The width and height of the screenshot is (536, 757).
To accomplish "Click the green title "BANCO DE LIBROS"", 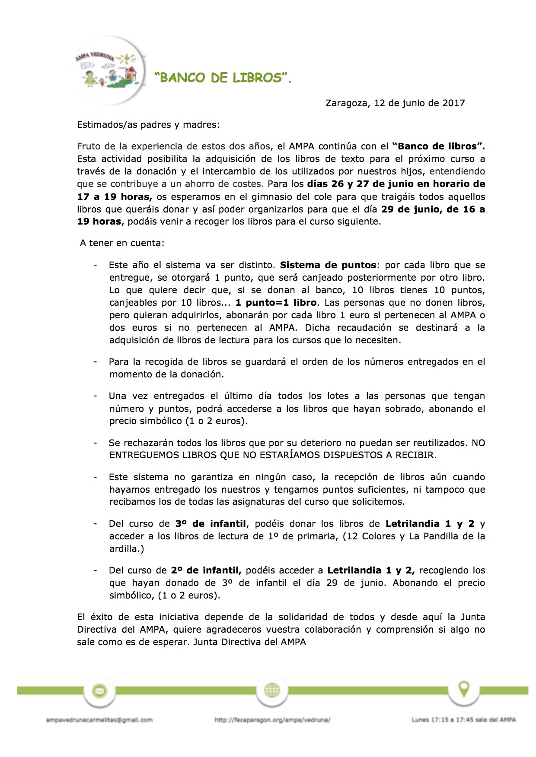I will (x=223, y=78).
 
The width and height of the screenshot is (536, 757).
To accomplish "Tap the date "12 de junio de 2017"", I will (x=419, y=103).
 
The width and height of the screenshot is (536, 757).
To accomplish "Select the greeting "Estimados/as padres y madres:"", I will (x=148, y=125).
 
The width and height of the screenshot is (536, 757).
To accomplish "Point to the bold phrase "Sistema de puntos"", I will (x=329, y=265).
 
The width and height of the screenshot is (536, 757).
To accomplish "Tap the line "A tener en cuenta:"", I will (x=122, y=243).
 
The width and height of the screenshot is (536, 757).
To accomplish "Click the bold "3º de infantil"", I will (x=211, y=524).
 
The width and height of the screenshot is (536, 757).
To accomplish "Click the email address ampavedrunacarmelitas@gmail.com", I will (x=99, y=720).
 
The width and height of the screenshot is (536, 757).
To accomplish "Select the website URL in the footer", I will (x=272, y=720).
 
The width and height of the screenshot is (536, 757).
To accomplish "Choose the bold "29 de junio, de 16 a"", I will (x=433, y=209).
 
